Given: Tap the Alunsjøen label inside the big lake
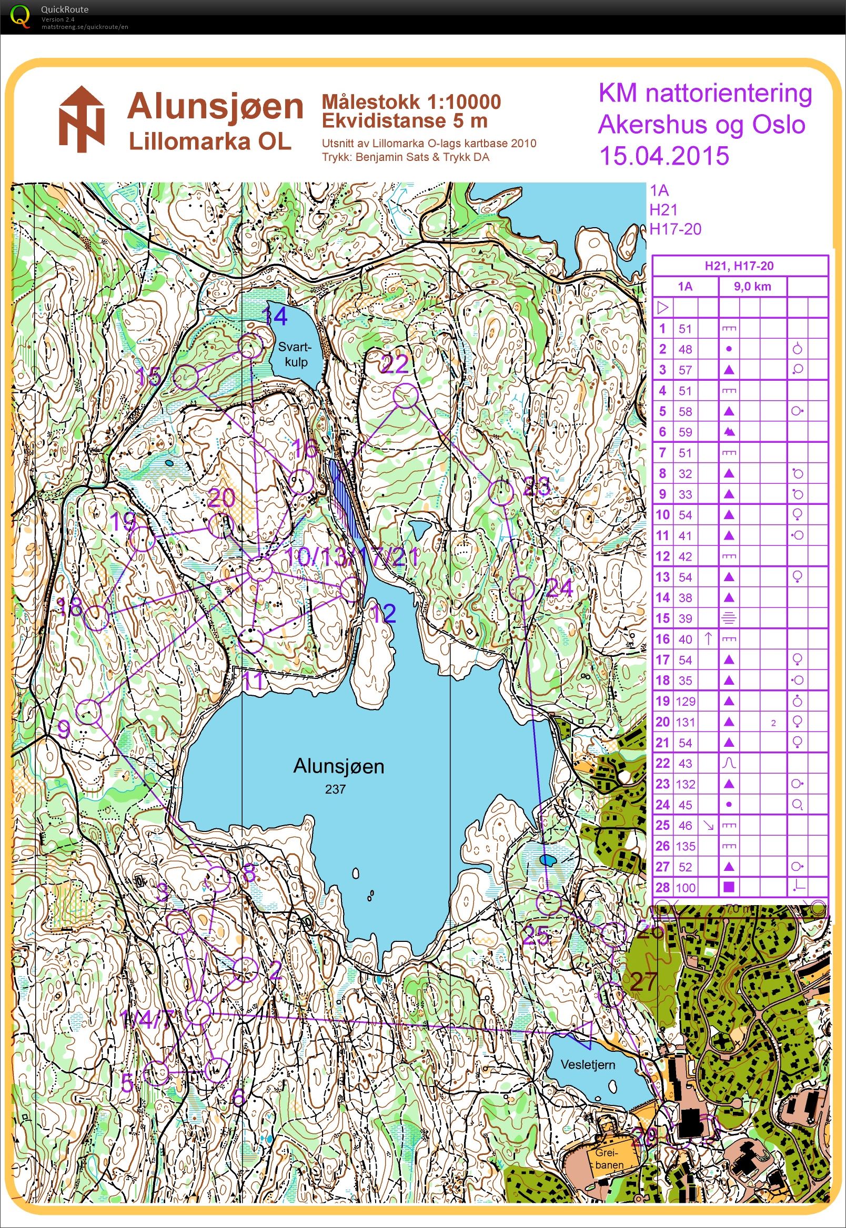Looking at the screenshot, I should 339,766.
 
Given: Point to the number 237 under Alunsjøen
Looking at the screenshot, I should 336,789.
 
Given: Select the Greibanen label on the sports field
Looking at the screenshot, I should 608,1159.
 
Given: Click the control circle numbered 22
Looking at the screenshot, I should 406,396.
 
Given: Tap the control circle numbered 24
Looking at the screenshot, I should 521,587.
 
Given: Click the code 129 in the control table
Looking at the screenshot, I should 686,702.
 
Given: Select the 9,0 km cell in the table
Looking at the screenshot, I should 752,287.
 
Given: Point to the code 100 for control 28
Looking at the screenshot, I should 686,887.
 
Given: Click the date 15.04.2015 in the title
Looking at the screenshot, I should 663,156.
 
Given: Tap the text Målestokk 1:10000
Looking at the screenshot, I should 411,101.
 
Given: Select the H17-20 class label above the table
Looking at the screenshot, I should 676,229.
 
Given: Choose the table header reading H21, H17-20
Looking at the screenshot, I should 739,266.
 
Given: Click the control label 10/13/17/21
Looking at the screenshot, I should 351,557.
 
